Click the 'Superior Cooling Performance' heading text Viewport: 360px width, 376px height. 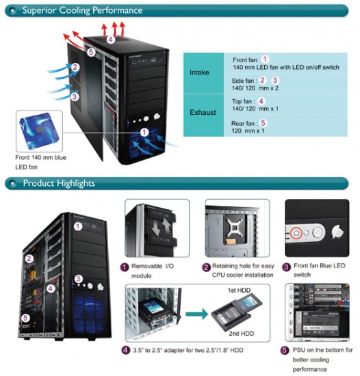82,10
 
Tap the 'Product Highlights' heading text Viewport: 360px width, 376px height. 59,183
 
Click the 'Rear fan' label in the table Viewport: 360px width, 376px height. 243,124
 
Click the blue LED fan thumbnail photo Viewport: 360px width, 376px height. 39,131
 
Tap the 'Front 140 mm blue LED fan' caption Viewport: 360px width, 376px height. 40,162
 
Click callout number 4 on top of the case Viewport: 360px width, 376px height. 110,40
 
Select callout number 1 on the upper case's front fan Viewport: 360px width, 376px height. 144,132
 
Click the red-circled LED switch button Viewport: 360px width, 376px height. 296,233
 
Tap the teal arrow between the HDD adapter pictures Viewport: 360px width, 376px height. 197,314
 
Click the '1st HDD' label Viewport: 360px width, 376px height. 239,291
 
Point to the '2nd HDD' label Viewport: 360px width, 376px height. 241,334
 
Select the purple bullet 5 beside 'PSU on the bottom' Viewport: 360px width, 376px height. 285,350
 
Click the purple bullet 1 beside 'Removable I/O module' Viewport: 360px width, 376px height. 124,267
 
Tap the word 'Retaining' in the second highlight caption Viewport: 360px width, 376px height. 225,266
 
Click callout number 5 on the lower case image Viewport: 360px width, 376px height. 25,318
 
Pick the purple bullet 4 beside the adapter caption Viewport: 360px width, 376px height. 125,350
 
